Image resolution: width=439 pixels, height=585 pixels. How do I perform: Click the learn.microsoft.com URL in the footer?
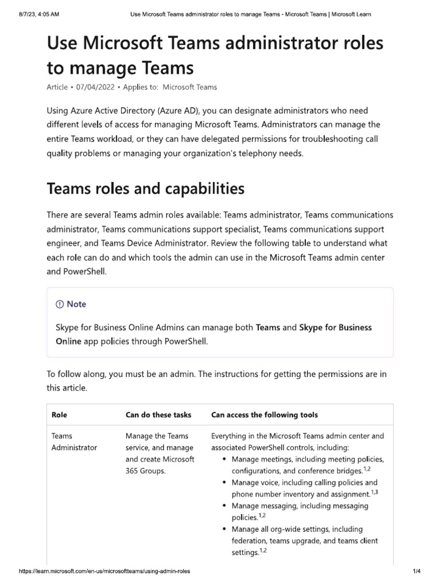point(105,571)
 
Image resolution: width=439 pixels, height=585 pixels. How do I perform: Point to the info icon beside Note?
point(60,304)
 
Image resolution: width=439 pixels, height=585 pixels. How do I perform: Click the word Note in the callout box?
point(77,304)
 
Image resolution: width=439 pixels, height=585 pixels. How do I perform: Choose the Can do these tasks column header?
point(158,415)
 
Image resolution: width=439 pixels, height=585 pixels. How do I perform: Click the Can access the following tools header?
point(264,415)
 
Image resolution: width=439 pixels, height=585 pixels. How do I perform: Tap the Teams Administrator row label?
point(74,442)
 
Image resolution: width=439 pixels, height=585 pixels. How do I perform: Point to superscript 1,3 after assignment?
point(374,492)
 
